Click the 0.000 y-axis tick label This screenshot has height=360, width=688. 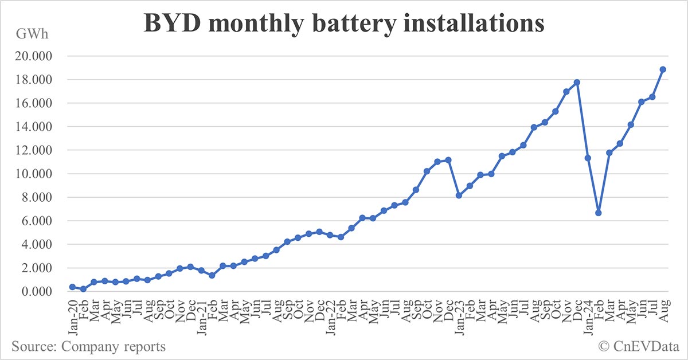tap(38, 291)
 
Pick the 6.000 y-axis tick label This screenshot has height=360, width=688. tap(38, 221)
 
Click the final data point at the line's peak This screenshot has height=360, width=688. tap(663, 69)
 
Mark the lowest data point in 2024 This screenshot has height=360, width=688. tap(599, 213)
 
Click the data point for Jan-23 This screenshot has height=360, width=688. tap(459, 195)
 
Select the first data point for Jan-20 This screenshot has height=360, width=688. tap(72, 287)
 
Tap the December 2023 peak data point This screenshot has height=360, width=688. tap(577, 83)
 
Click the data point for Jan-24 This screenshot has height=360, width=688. tap(588, 158)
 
